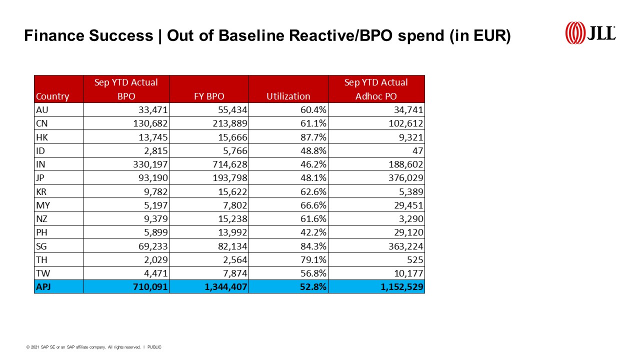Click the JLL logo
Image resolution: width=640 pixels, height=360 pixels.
(x=590, y=33)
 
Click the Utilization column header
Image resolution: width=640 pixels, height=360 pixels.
(x=288, y=96)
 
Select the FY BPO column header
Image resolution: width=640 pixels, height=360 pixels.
(x=208, y=96)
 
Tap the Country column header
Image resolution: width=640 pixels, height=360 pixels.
(x=52, y=96)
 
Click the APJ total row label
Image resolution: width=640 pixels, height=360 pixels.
(x=44, y=287)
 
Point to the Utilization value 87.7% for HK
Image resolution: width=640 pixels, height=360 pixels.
(x=313, y=137)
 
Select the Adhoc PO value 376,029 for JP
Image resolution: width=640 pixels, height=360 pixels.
(x=403, y=178)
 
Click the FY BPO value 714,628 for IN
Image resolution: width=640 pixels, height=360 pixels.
(x=227, y=164)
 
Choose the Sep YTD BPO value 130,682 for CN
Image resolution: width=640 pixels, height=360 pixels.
(x=148, y=123)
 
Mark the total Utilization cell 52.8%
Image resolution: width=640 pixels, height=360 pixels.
(x=313, y=287)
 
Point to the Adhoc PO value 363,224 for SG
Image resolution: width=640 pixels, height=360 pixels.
(x=403, y=246)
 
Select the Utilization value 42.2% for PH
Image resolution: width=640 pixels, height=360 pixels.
(x=313, y=232)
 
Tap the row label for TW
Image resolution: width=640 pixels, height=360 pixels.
(x=42, y=273)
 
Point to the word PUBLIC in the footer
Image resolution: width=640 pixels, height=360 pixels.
(x=154, y=347)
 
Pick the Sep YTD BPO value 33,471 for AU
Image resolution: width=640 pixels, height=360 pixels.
(x=151, y=110)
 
